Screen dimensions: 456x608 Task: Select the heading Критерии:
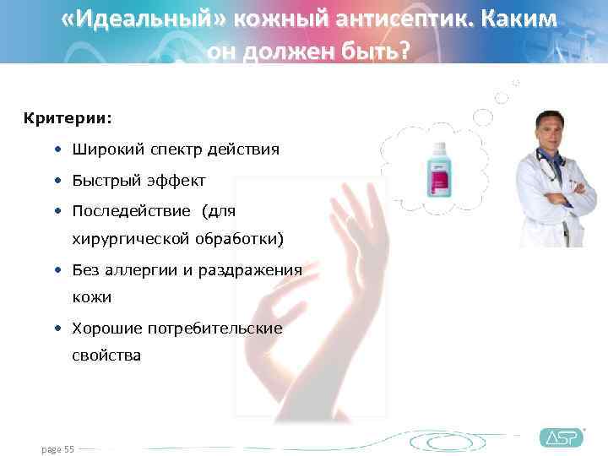[x=68, y=116]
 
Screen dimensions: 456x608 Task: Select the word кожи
[x=91, y=297]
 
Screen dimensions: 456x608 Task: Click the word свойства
[x=106, y=356]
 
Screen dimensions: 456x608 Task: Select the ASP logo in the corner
[x=561, y=437]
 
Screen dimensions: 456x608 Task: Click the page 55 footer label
[x=57, y=449]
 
